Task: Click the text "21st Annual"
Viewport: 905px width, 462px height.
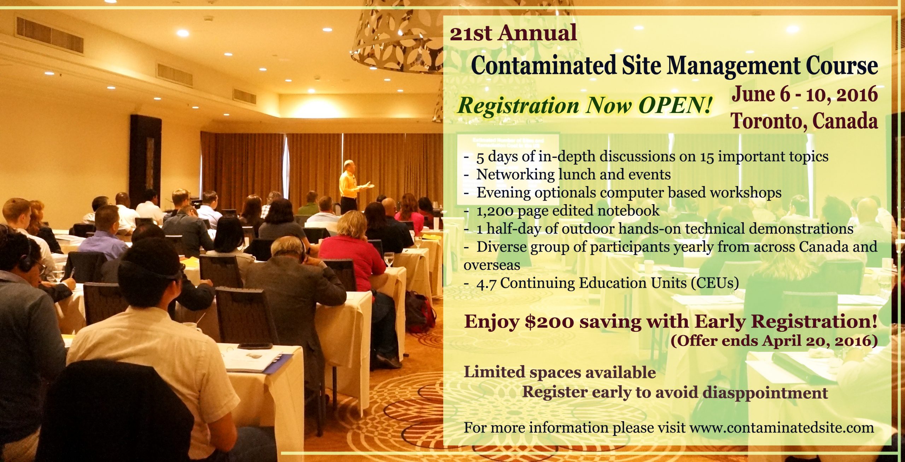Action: [x=513, y=33]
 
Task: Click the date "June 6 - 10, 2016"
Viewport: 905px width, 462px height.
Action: [x=805, y=94]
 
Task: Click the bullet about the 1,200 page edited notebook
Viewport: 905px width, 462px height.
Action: [x=562, y=211]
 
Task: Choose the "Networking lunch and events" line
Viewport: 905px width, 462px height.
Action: [x=567, y=174]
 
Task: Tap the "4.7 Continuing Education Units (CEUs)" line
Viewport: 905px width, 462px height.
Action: [x=601, y=283]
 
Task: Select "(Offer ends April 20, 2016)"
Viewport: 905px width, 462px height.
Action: [x=774, y=341]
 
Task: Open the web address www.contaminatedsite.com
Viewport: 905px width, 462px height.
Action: [x=781, y=428]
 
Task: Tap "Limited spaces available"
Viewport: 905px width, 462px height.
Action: [x=560, y=373]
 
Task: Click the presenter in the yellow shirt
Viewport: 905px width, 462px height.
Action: [x=350, y=187]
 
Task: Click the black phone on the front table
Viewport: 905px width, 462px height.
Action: [x=255, y=346]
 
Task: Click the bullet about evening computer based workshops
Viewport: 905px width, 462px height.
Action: [x=623, y=193]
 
